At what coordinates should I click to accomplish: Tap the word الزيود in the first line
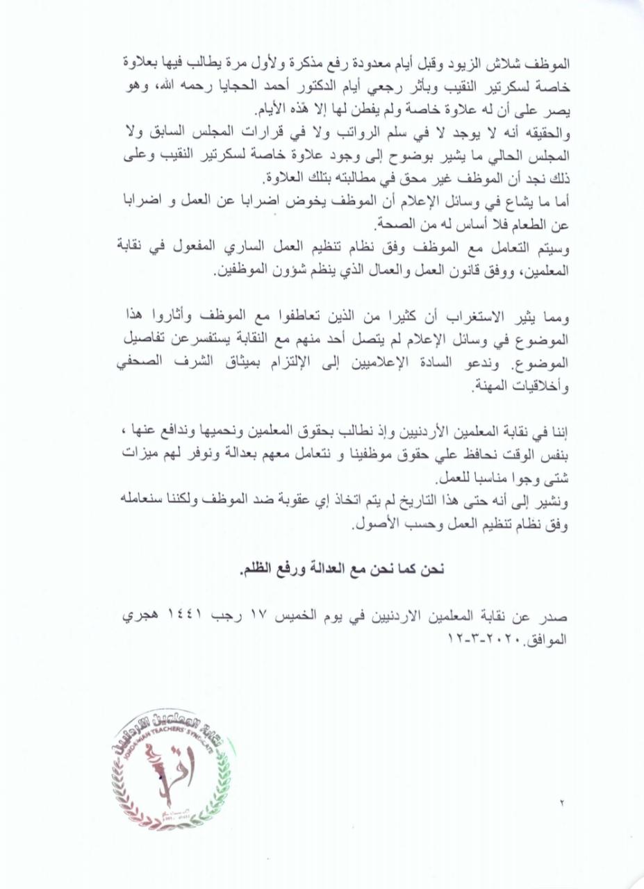[x=480, y=63]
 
